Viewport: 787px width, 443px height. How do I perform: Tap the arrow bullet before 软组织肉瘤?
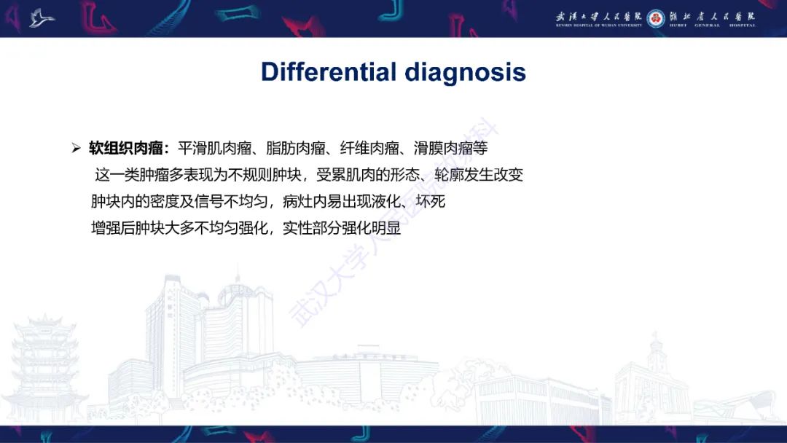click(x=76, y=149)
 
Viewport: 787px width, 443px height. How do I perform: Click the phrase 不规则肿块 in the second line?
click(x=272, y=176)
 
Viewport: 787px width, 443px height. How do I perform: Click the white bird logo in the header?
click(x=42, y=18)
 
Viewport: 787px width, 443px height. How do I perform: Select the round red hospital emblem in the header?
click(x=656, y=18)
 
